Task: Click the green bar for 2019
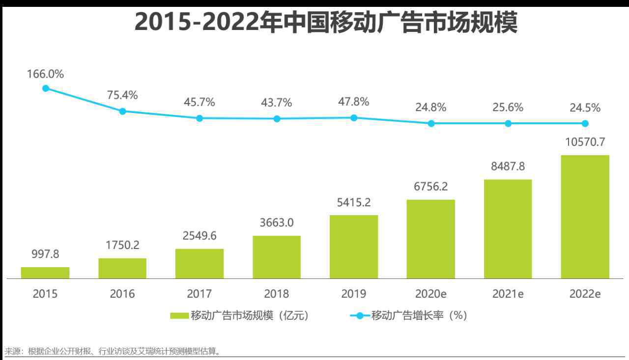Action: click(354, 247)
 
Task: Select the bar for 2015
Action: click(45, 273)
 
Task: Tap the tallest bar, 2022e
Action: click(585, 217)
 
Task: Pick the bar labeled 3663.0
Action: click(277, 257)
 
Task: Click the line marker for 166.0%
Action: click(46, 88)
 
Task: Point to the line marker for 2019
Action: click(354, 118)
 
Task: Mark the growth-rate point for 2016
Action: click(123, 111)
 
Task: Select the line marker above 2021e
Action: click(508, 123)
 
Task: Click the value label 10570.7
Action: click(585, 142)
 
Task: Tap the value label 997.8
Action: click(45, 254)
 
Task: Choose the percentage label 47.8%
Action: click(354, 102)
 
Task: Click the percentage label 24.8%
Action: click(431, 107)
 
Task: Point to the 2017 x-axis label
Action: click(200, 294)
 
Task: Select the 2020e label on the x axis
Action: click(431, 294)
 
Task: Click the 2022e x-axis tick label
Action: click(585, 294)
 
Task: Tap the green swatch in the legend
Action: click(179, 316)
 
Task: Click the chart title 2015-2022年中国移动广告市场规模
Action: click(325, 23)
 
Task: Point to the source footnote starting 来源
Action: click(113, 351)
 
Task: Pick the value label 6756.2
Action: click(431, 187)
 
